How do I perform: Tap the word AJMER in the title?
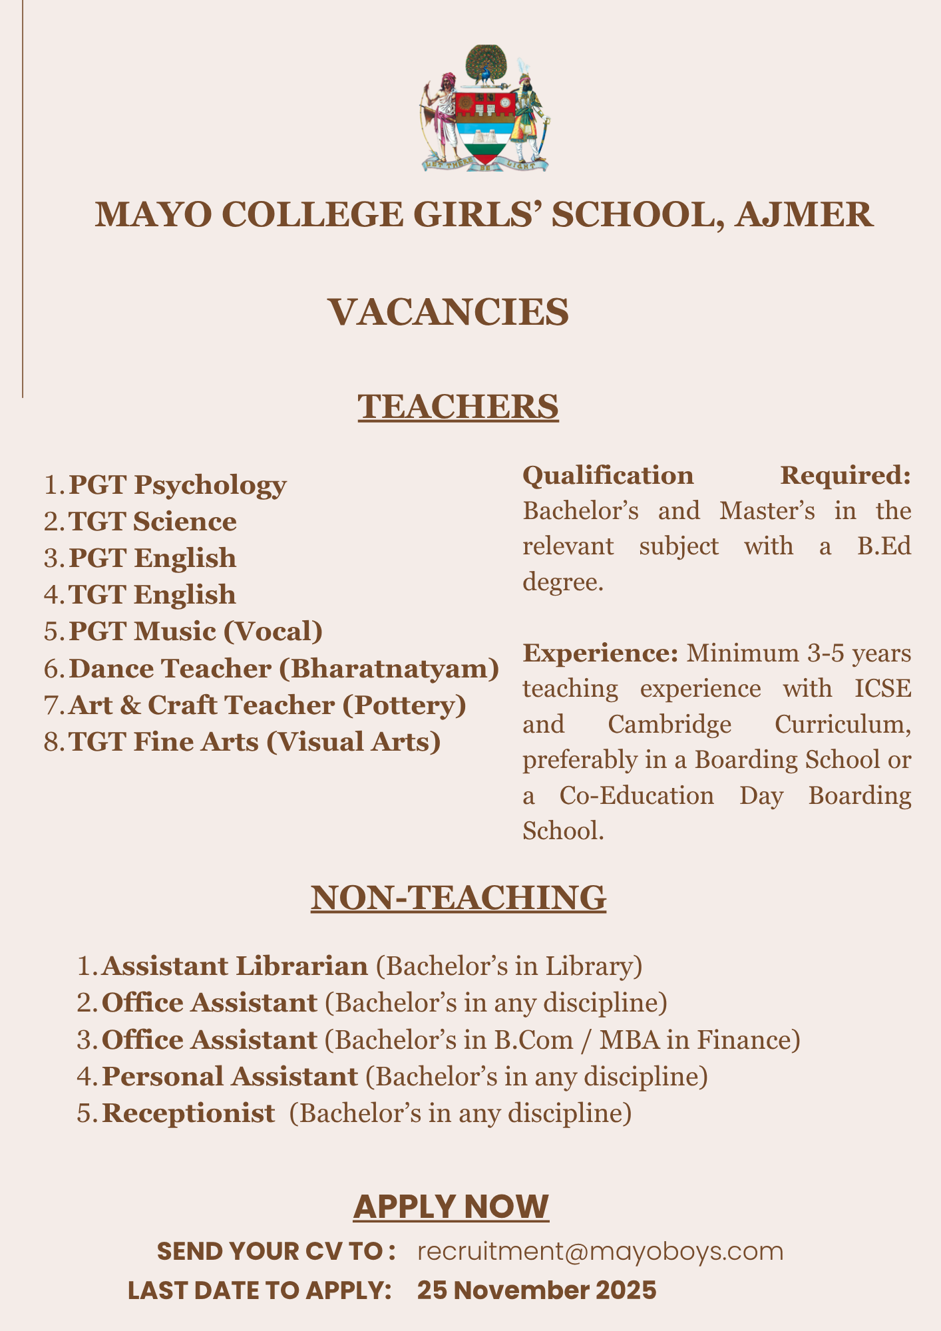(x=803, y=215)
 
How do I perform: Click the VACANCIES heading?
(x=449, y=312)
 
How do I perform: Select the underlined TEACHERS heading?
(x=458, y=407)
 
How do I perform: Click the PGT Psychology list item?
(x=178, y=485)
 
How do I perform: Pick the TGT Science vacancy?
(x=152, y=522)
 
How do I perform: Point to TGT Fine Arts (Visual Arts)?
(x=255, y=742)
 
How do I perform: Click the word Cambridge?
(x=669, y=724)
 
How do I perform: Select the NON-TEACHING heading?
(x=459, y=898)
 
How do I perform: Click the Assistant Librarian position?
(x=235, y=966)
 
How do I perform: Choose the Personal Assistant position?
(x=230, y=1076)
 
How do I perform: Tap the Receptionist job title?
(x=188, y=1113)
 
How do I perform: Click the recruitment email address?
(x=600, y=1252)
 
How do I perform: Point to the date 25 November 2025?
(x=536, y=1290)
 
